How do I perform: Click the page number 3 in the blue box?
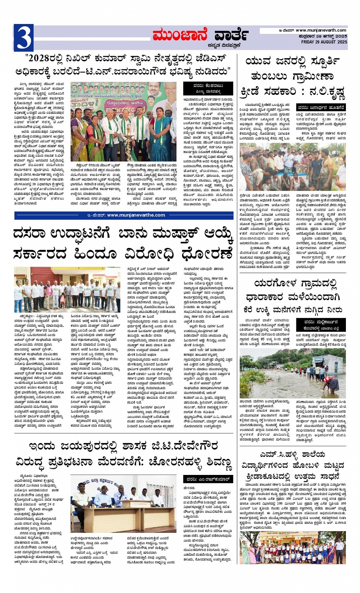23,37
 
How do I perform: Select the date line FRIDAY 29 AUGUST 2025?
324,42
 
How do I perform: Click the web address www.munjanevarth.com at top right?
321,30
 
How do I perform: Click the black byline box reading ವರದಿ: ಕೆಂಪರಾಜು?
208,88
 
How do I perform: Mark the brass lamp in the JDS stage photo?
129,143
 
